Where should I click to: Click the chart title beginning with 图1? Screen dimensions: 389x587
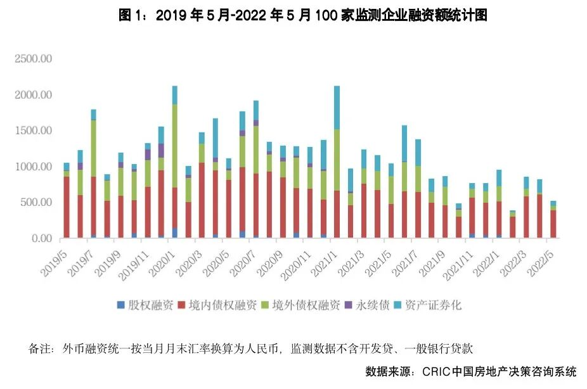coord(303,16)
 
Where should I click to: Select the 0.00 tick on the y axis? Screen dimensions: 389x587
coord(41,238)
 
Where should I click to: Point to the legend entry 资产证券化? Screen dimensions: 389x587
coord(432,305)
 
